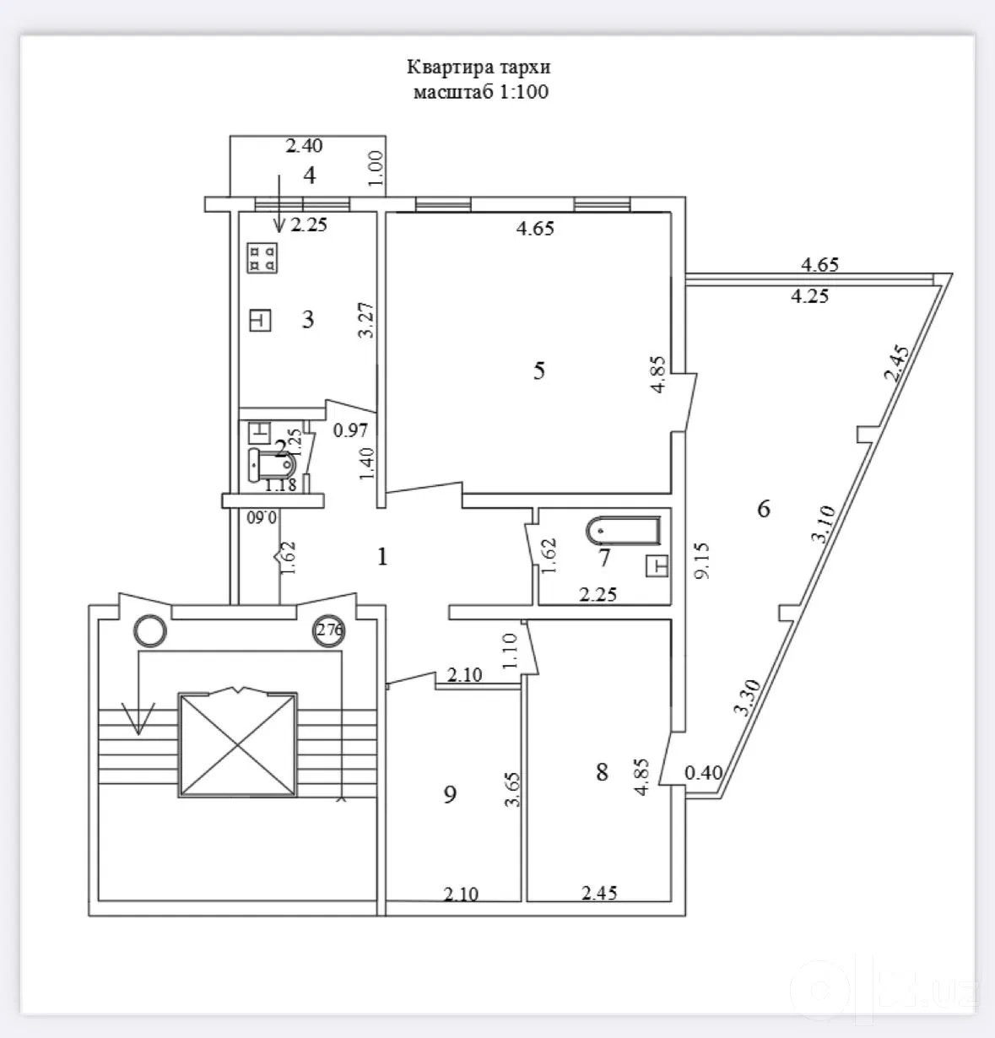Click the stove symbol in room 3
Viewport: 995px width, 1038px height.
(x=262, y=257)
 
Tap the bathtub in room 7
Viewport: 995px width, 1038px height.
(x=623, y=531)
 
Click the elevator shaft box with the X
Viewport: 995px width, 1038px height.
(x=237, y=744)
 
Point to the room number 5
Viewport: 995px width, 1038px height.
(x=538, y=370)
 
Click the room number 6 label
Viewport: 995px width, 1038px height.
(x=764, y=509)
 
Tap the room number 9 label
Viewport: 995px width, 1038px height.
(x=450, y=795)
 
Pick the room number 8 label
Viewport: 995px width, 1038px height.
(x=602, y=772)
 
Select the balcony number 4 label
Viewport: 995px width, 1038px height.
(x=310, y=175)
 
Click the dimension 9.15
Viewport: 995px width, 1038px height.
(x=703, y=560)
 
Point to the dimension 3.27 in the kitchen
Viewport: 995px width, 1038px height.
(x=367, y=320)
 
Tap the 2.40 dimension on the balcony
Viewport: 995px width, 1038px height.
(x=304, y=146)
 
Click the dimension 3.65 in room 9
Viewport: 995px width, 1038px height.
(x=512, y=789)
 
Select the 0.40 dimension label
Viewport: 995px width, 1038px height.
(x=704, y=772)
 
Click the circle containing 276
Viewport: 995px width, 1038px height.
(x=328, y=630)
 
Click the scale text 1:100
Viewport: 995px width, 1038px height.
(x=523, y=92)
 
